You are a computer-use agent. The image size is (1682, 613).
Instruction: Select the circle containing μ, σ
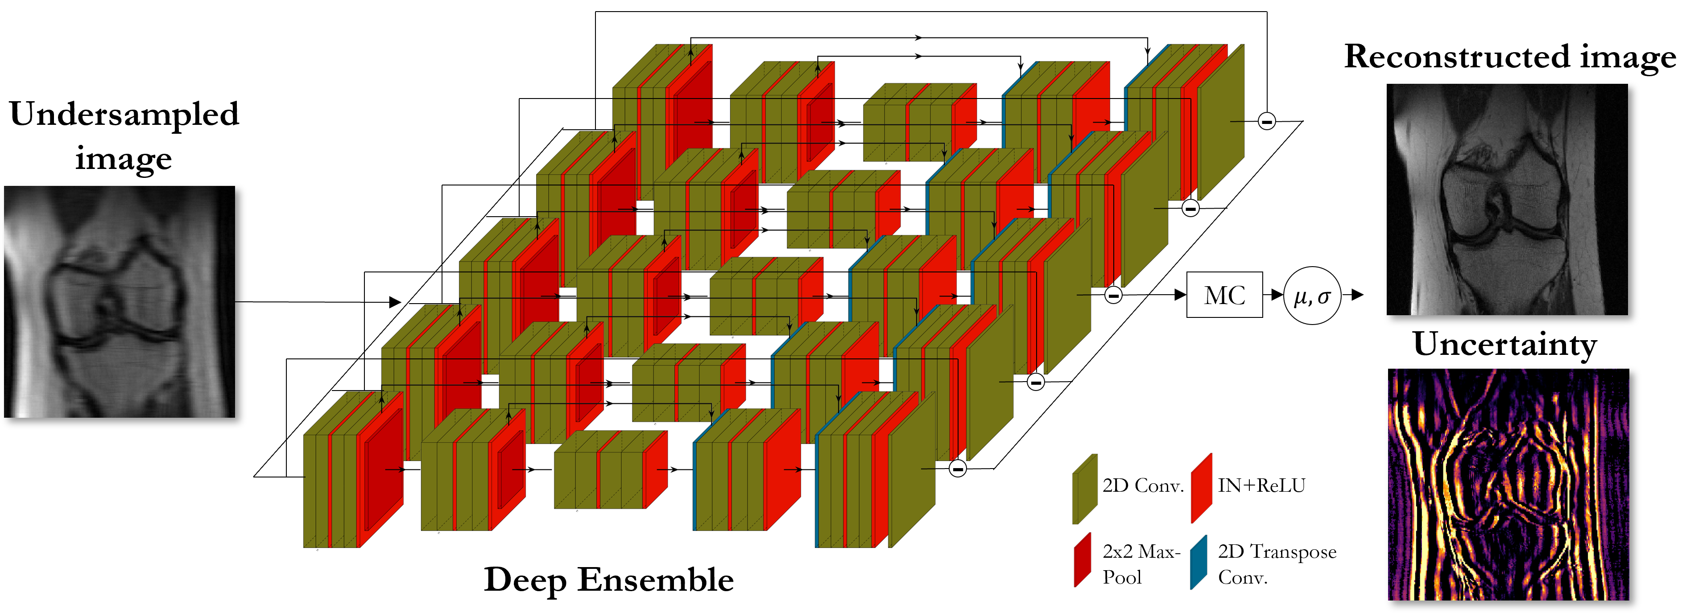tap(1312, 296)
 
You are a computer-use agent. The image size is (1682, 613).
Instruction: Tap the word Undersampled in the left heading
tap(124, 114)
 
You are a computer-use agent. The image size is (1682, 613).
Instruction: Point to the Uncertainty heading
tap(1504, 345)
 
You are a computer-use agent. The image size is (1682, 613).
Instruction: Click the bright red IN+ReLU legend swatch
tap(1202, 488)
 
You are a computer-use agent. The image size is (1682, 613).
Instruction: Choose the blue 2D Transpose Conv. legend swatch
tap(1199, 561)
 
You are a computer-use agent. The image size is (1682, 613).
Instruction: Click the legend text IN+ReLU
tap(1261, 485)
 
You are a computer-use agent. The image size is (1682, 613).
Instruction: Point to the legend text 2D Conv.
tap(1143, 485)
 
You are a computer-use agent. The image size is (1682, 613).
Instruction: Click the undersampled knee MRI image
tap(120, 302)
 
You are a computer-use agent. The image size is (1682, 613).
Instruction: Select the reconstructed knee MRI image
tap(1507, 199)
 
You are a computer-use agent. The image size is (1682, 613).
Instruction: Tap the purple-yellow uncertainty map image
tap(1508, 485)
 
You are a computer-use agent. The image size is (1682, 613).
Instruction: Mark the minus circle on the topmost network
tap(1267, 121)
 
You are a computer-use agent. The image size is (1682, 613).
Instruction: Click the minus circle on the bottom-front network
tap(957, 468)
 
